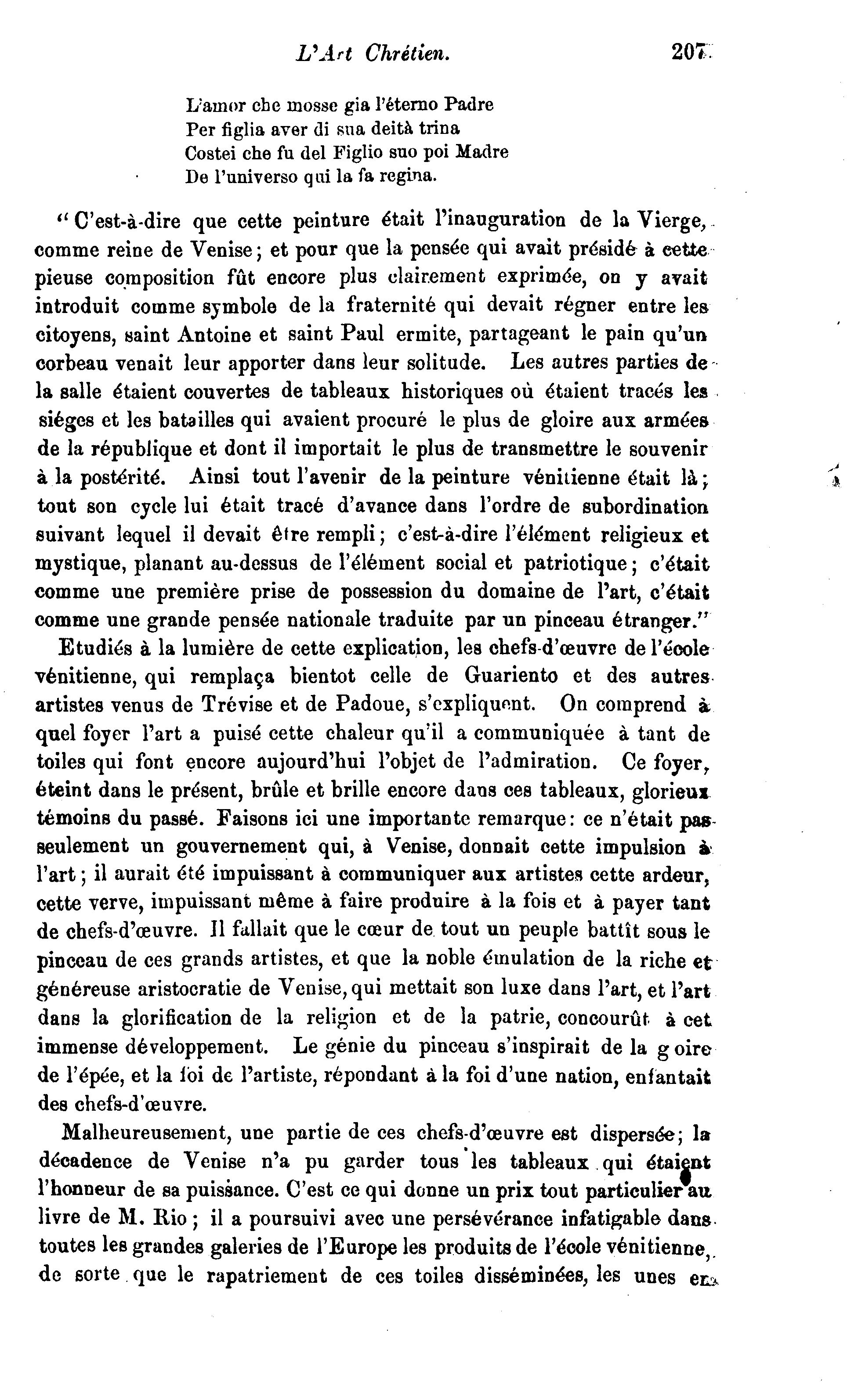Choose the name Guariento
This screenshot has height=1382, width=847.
(511, 677)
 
